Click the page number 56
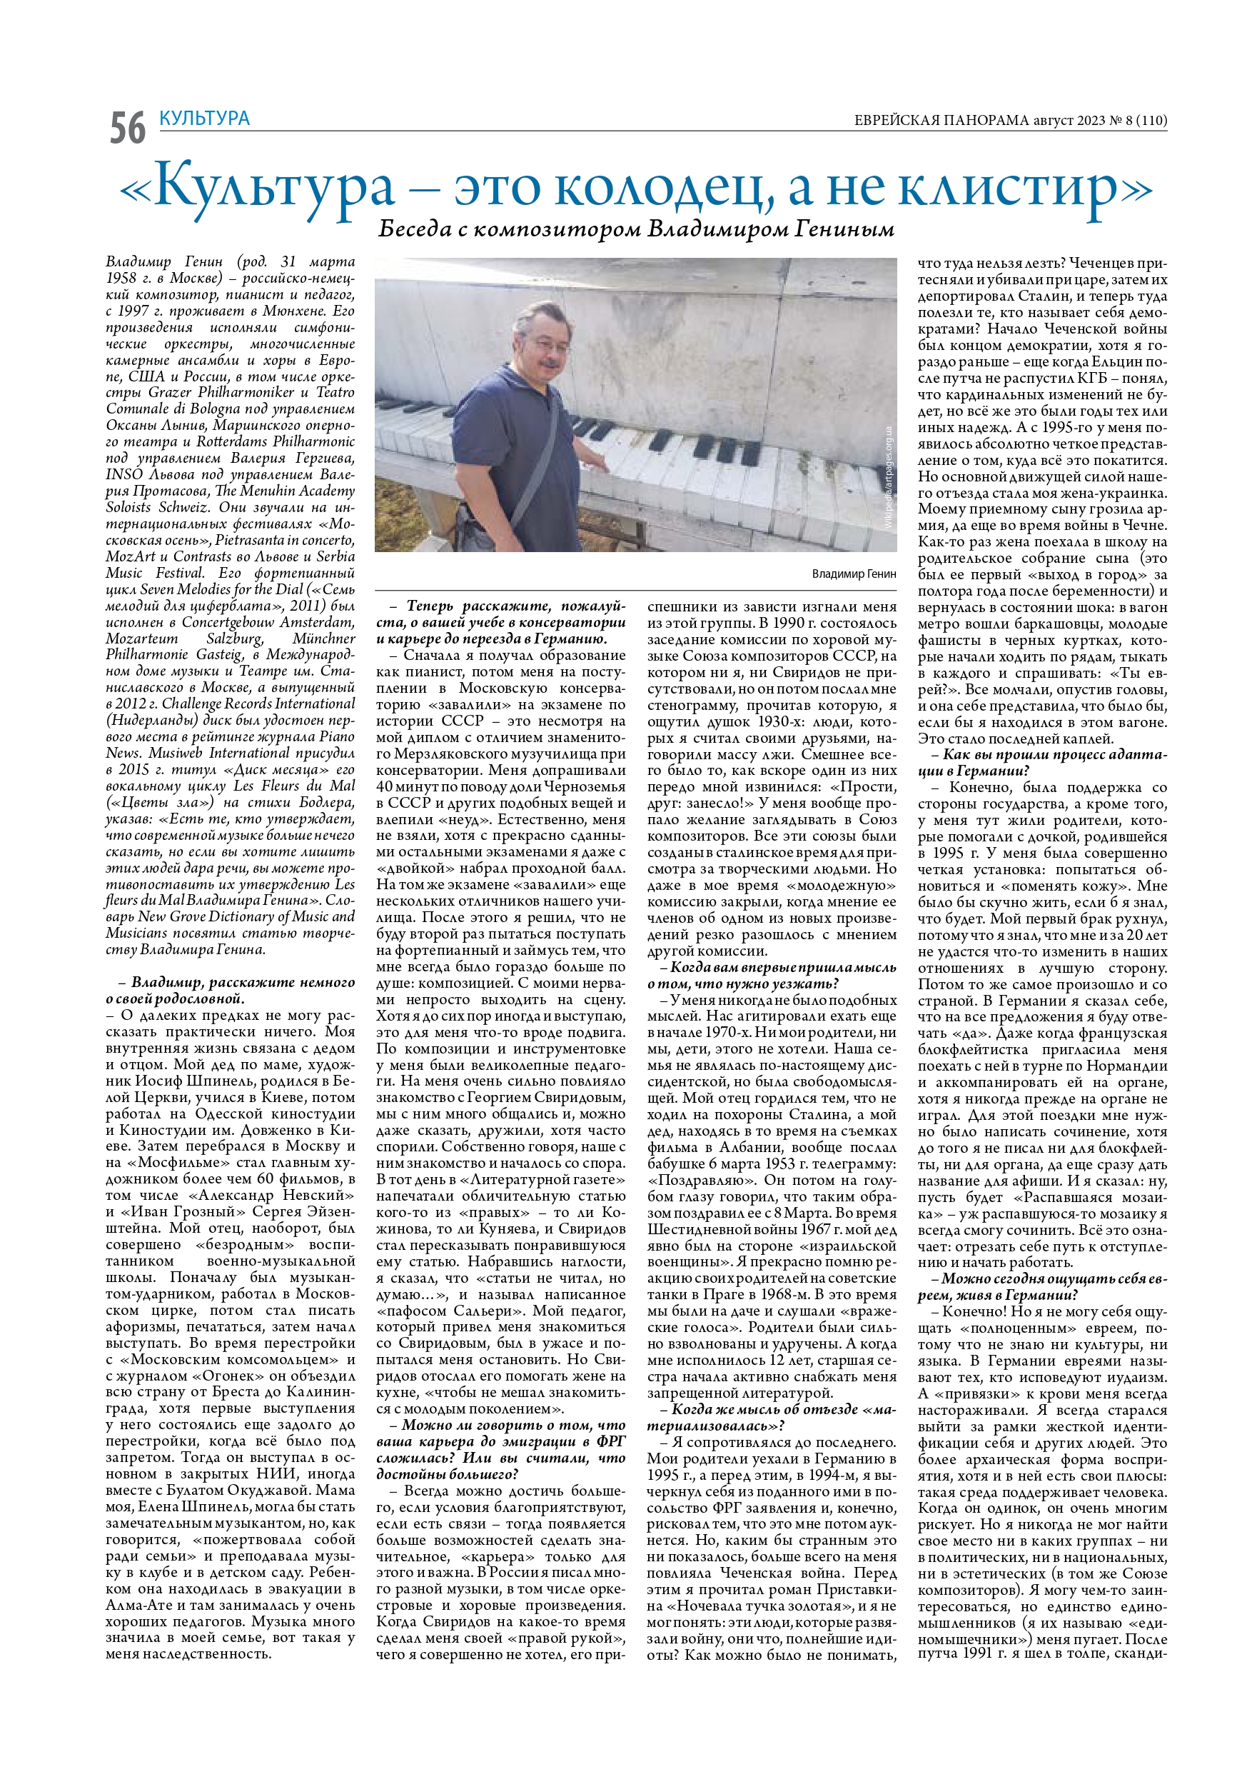click(127, 127)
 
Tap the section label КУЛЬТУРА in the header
click(204, 119)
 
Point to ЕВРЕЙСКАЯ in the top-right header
click(902, 121)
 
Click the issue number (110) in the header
click(1153, 121)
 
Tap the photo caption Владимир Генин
click(853, 574)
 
